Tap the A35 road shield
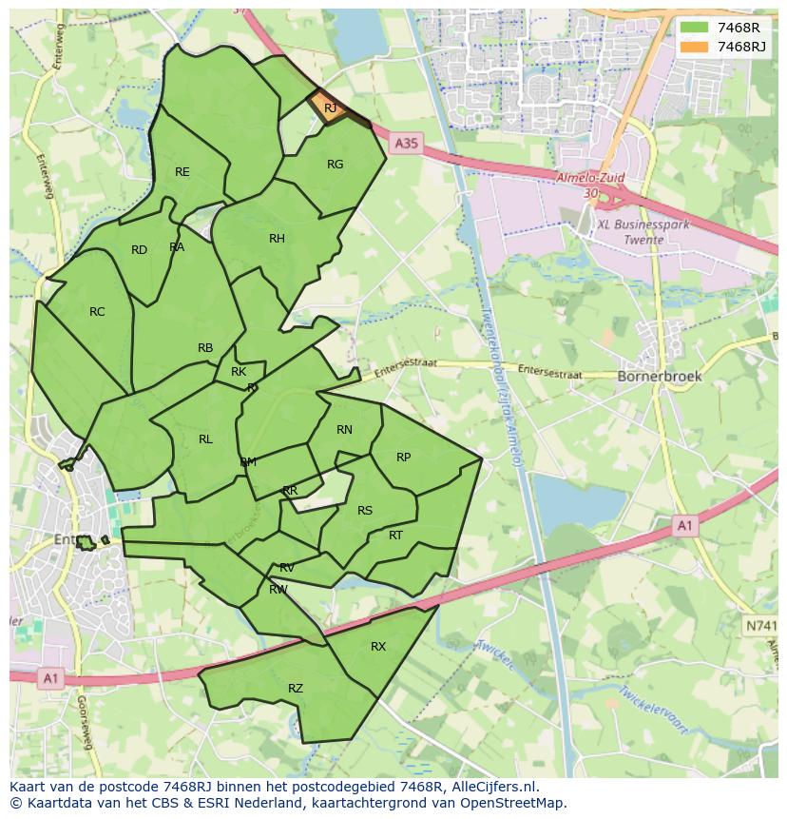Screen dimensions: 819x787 (406, 144)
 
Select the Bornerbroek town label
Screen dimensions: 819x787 (660, 376)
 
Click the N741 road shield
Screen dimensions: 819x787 (759, 625)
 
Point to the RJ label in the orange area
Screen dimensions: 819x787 (330, 108)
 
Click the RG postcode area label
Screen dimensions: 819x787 (335, 165)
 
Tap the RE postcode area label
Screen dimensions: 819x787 (182, 172)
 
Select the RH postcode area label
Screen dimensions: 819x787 (277, 239)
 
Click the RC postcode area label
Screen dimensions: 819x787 (97, 312)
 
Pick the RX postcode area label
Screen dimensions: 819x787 (378, 647)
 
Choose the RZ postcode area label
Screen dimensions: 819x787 (296, 689)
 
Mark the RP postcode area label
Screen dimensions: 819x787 (403, 458)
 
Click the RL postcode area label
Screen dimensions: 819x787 (205, 439)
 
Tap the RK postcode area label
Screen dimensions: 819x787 (239, 372)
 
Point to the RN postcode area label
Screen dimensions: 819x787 (344, 430)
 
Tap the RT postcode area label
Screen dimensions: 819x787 (395, 536)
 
